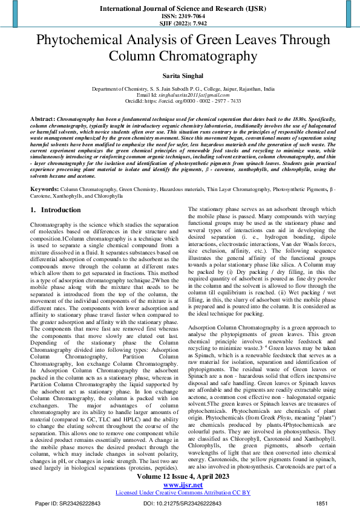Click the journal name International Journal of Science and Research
180,9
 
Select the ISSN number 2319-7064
180,17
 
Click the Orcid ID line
180,101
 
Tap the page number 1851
322,502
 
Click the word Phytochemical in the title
84,41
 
